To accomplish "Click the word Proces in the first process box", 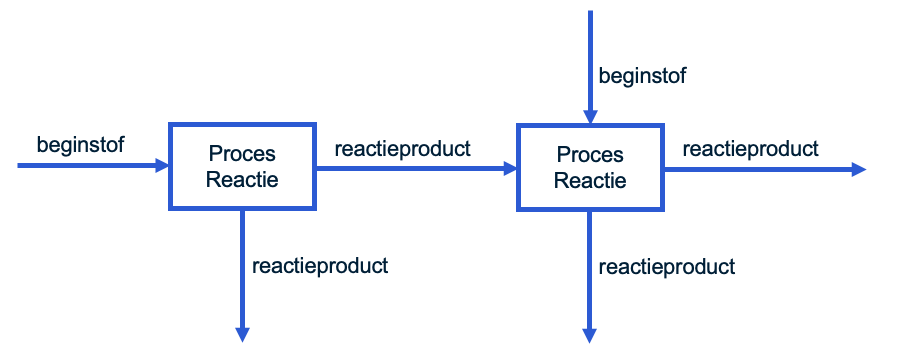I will [242, 154].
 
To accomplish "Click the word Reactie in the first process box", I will [242, 180].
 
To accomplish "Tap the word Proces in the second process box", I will [590, 155].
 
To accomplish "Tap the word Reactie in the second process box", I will [590, 181].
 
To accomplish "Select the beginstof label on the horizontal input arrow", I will [81, 144].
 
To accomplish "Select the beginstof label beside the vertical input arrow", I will [642, 75].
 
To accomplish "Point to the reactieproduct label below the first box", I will [320, 266].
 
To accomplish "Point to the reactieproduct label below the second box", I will [667, 267].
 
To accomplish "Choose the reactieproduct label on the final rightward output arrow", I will [750, 149].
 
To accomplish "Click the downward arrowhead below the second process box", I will [590, 335].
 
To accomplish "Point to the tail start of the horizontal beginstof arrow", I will [21, 166].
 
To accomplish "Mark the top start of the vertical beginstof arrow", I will [590, 13].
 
